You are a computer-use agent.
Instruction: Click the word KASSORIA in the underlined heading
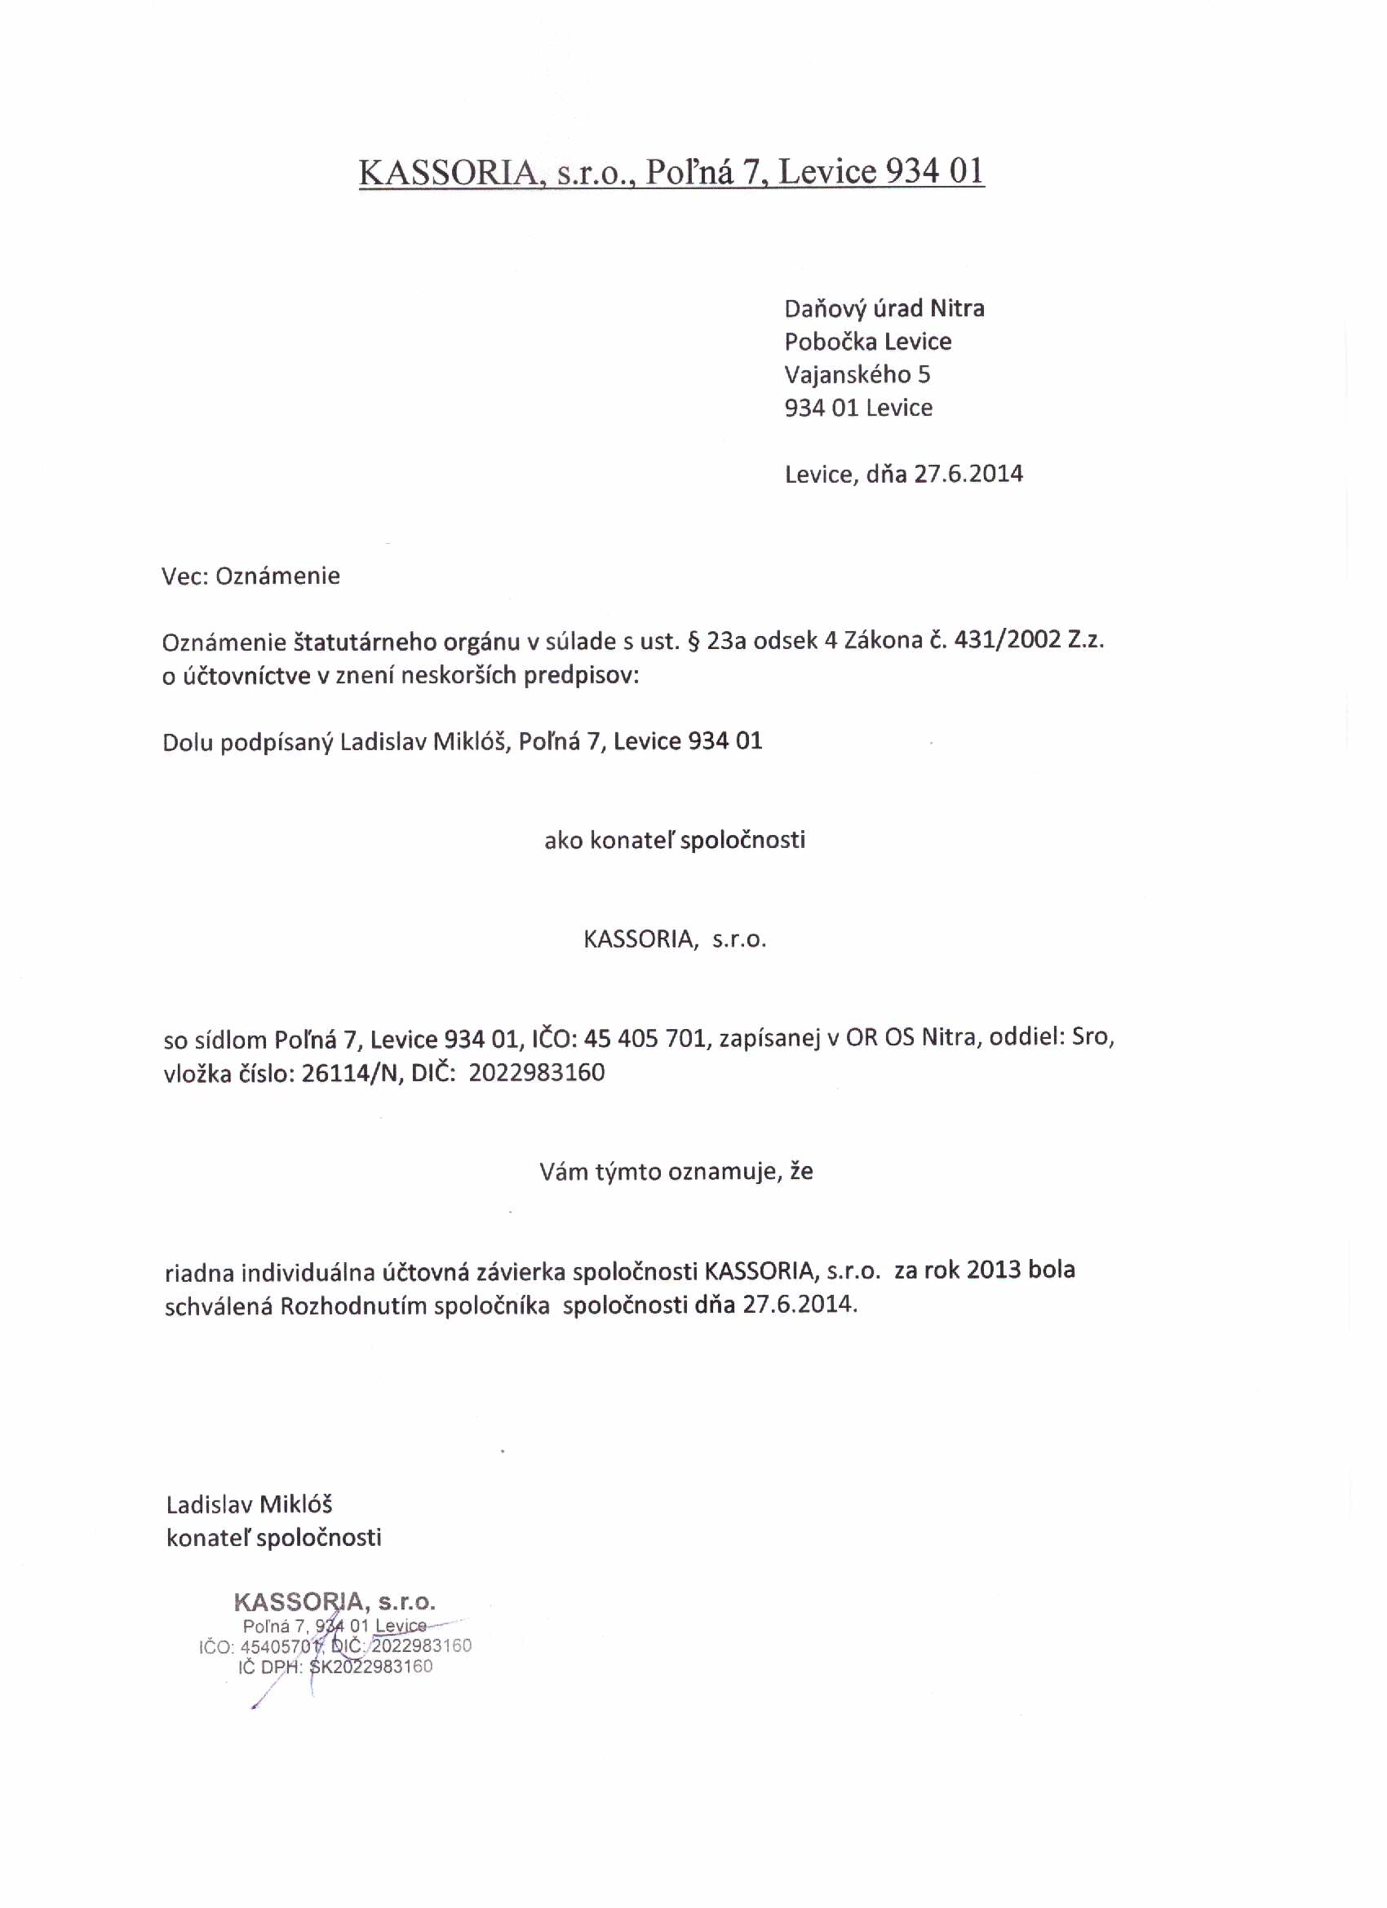click(447, 173)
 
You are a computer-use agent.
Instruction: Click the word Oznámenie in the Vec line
click(277, 576)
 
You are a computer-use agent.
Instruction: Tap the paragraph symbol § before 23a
click(695, 641)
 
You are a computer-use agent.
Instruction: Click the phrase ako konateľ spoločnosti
click(674, 841)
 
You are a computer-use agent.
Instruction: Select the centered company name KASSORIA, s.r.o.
click(675, 939)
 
